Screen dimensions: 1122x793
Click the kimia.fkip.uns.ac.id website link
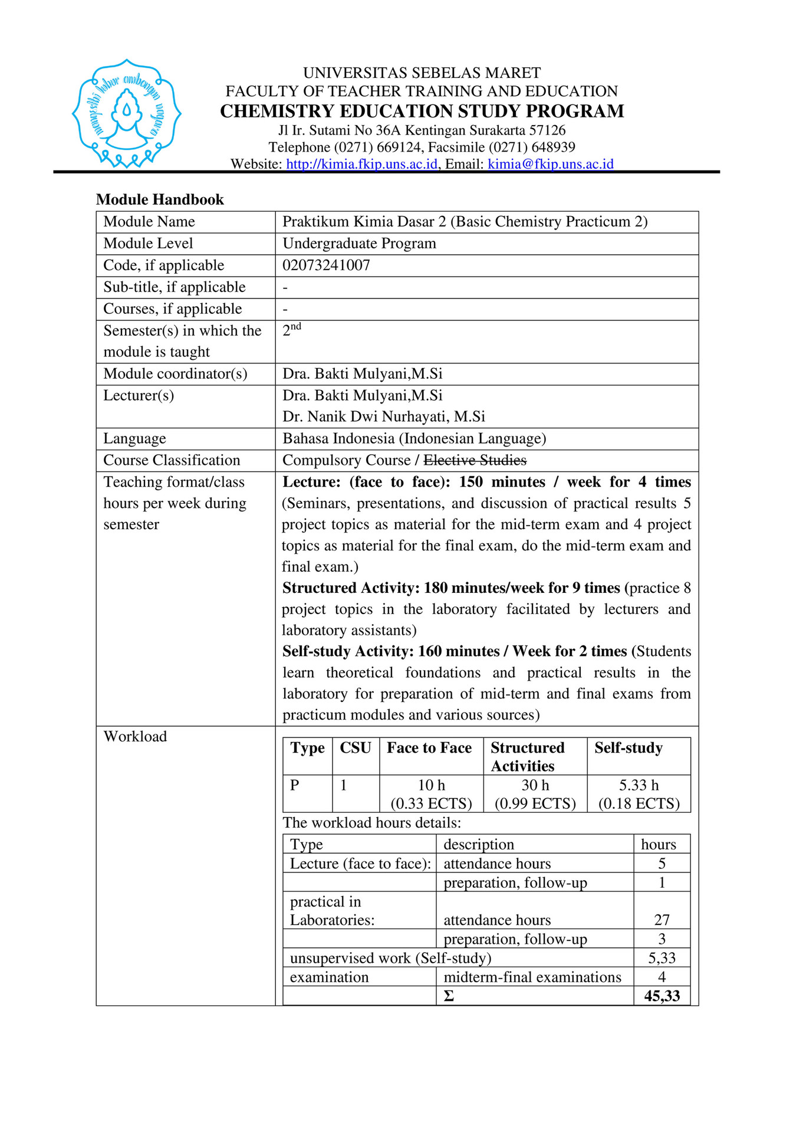361,164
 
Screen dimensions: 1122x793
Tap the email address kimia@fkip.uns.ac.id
550,164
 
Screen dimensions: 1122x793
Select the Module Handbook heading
160,199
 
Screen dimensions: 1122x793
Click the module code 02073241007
326,265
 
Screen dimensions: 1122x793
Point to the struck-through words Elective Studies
475,460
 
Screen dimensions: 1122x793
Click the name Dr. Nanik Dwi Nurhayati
383,416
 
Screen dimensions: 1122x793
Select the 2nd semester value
291,330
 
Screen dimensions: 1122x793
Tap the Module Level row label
148,244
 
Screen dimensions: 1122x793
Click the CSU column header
355,748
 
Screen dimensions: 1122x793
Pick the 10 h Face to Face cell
431,793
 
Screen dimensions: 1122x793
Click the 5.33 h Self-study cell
639,793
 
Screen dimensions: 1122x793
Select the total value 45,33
662,996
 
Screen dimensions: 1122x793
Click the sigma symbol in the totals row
449,996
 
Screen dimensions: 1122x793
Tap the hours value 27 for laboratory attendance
662,920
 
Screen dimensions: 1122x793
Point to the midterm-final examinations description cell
532,977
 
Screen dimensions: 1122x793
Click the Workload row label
135,736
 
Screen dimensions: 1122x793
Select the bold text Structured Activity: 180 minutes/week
451,588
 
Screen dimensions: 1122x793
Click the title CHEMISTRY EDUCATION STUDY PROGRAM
422,111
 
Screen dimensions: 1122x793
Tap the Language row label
134,438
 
